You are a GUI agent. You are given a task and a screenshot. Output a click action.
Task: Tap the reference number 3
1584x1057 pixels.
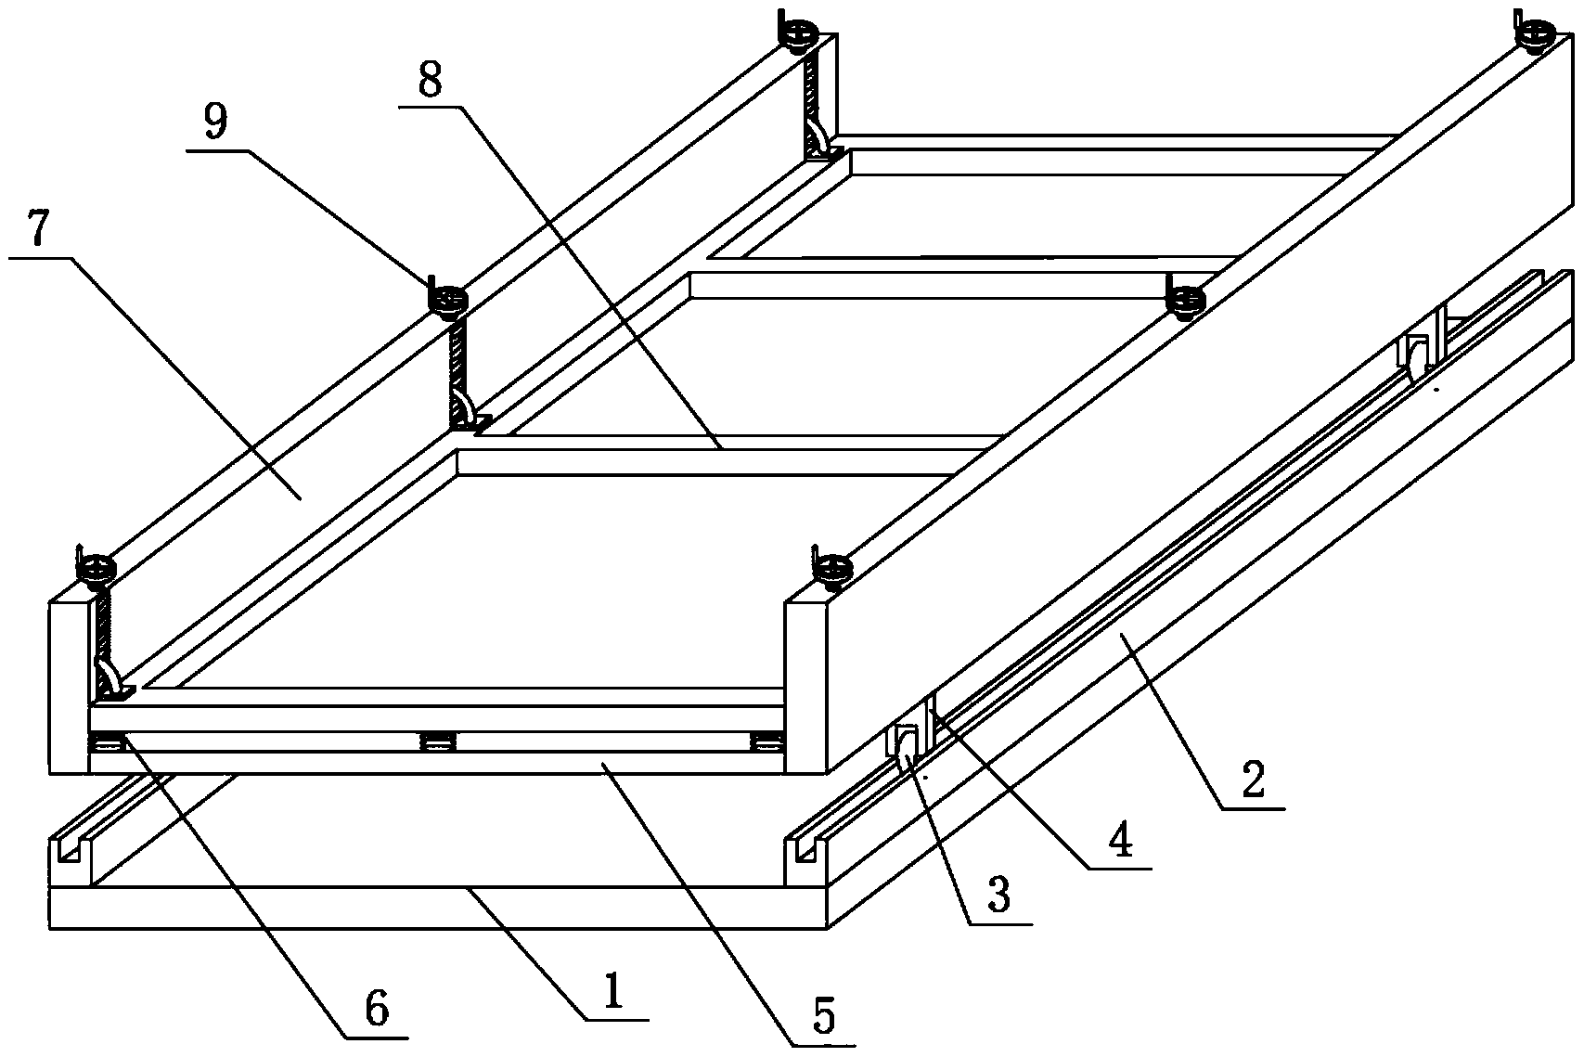pyautogui.click(x=998, y=895)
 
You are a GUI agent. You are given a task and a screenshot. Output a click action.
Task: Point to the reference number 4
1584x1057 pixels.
pyautogui.click(x=1120, y=839)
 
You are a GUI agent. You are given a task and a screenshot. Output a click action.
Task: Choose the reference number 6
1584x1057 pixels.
pyautogui.click(x=377, y=1008)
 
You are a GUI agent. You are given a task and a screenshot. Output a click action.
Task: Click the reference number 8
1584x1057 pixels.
pyautogui.click(x=430, y=79)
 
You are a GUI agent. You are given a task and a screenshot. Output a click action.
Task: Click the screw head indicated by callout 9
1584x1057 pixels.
pyautogui.click(x=447, y=301)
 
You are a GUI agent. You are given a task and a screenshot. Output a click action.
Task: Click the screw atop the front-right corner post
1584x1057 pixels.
pyautogui.click(x=832, y=568)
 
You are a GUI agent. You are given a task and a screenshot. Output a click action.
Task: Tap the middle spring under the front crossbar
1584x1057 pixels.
pyautogui.click(x=438, y=742)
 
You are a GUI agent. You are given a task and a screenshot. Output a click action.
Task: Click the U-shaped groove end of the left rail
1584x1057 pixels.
pyautogui.click(x=69, y=852)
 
